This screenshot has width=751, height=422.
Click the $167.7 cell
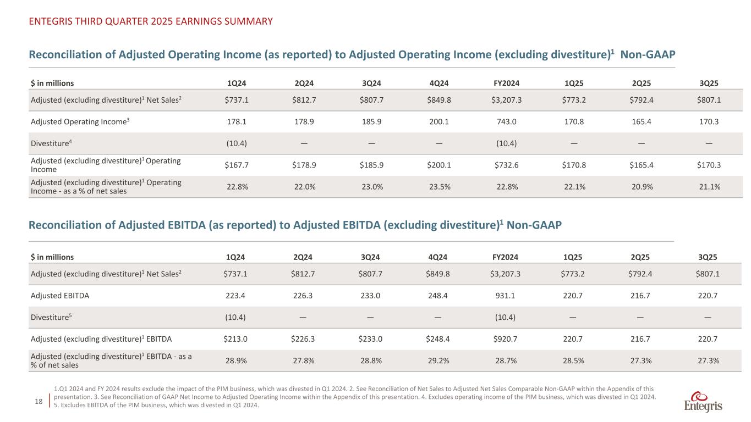[x=236, y=165]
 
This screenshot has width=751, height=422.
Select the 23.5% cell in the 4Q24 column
[x=438, y=187]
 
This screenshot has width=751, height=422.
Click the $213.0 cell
[x=236, y=338]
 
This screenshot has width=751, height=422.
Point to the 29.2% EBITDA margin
[x=438, y=360]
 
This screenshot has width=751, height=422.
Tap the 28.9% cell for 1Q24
[x=237, y=360]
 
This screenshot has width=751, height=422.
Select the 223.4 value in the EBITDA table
[x=237, y=296]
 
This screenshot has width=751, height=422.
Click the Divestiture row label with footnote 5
[x=53, y=316]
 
